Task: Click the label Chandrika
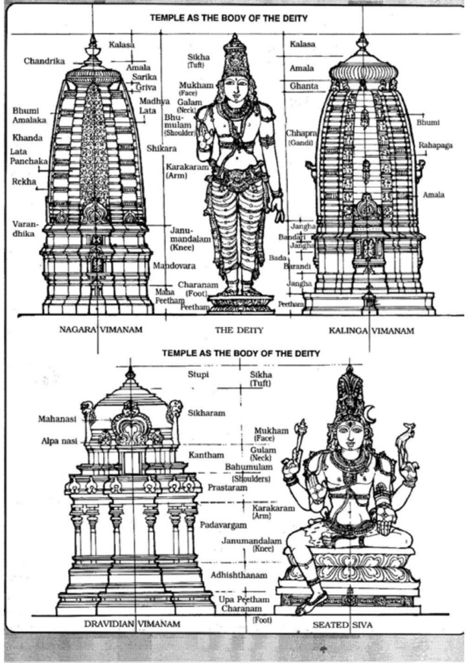click(44, 61)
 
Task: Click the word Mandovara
click(170, 265)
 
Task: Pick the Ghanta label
click(303, 85)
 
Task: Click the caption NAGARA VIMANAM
click(100, 330)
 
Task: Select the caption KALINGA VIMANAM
click(369, 330)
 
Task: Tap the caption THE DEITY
click(239, 330)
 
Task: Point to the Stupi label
click(198, 374)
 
